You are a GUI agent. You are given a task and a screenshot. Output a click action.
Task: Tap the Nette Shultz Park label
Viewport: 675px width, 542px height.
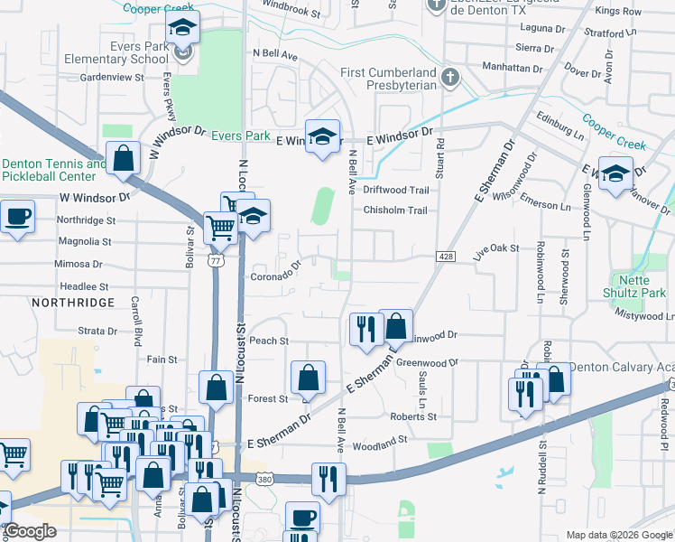point(635,286)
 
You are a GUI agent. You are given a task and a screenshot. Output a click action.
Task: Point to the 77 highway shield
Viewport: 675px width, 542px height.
point(215,260)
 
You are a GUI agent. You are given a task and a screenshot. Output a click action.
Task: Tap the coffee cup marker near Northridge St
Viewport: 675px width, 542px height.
point(16,217)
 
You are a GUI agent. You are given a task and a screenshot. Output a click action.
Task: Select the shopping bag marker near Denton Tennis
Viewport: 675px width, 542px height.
point(123,158)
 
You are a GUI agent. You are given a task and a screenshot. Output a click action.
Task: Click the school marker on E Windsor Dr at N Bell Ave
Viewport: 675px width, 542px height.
point(322,137)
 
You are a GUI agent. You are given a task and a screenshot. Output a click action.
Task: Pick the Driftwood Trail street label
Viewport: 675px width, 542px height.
point(396,191)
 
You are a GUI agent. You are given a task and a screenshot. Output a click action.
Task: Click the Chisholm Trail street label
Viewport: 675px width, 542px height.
point(395,210)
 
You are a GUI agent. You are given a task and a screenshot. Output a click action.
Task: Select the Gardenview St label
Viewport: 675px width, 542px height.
point(114,78)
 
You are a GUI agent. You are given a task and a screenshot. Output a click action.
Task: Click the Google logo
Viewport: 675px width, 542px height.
point(31,532)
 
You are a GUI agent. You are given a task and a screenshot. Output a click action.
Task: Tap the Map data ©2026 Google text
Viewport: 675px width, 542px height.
point(619,535)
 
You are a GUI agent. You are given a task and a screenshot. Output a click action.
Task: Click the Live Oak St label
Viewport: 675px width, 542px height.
point(497,248)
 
